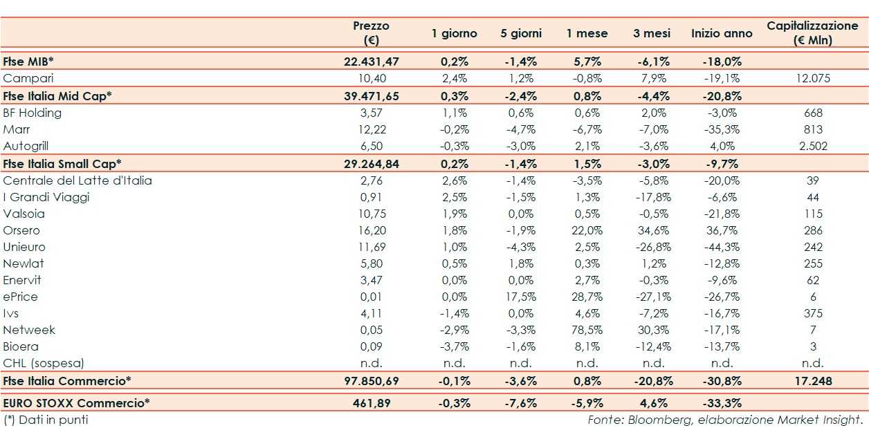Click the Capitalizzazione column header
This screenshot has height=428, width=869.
point(812,32)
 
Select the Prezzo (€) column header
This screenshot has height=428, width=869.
point(371,32)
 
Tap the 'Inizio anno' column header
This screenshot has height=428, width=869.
point(722,33)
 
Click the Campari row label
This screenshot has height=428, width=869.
point(28,78)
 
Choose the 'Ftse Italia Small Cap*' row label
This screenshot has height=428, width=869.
point(62,163)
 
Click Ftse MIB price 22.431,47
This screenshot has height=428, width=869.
point(372,62)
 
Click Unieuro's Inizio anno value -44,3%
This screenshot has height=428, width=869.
point(721,247)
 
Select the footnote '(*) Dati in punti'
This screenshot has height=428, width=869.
point(46,419)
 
